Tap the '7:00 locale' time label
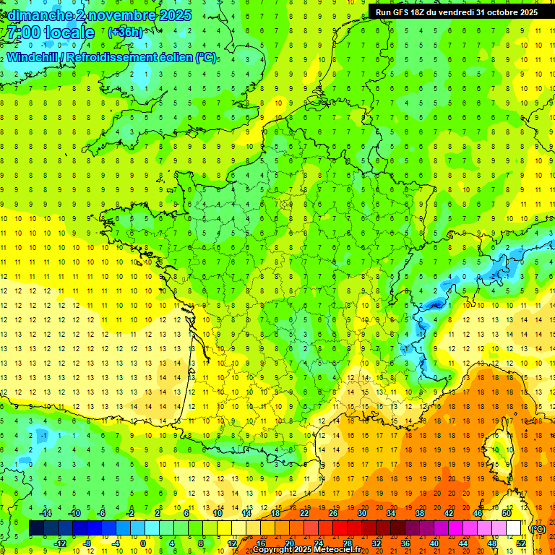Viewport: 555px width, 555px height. [50, 33]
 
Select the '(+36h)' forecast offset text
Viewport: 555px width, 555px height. [124, 33]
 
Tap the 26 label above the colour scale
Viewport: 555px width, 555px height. [333, 513]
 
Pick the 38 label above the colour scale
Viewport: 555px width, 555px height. [419, 513]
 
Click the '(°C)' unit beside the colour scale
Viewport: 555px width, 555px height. [538, 529]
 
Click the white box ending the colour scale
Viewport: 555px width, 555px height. [514, 528]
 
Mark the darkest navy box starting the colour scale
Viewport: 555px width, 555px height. [36, 528]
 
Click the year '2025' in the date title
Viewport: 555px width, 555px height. [174, 15]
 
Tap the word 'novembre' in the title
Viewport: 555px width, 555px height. [120, 15]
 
